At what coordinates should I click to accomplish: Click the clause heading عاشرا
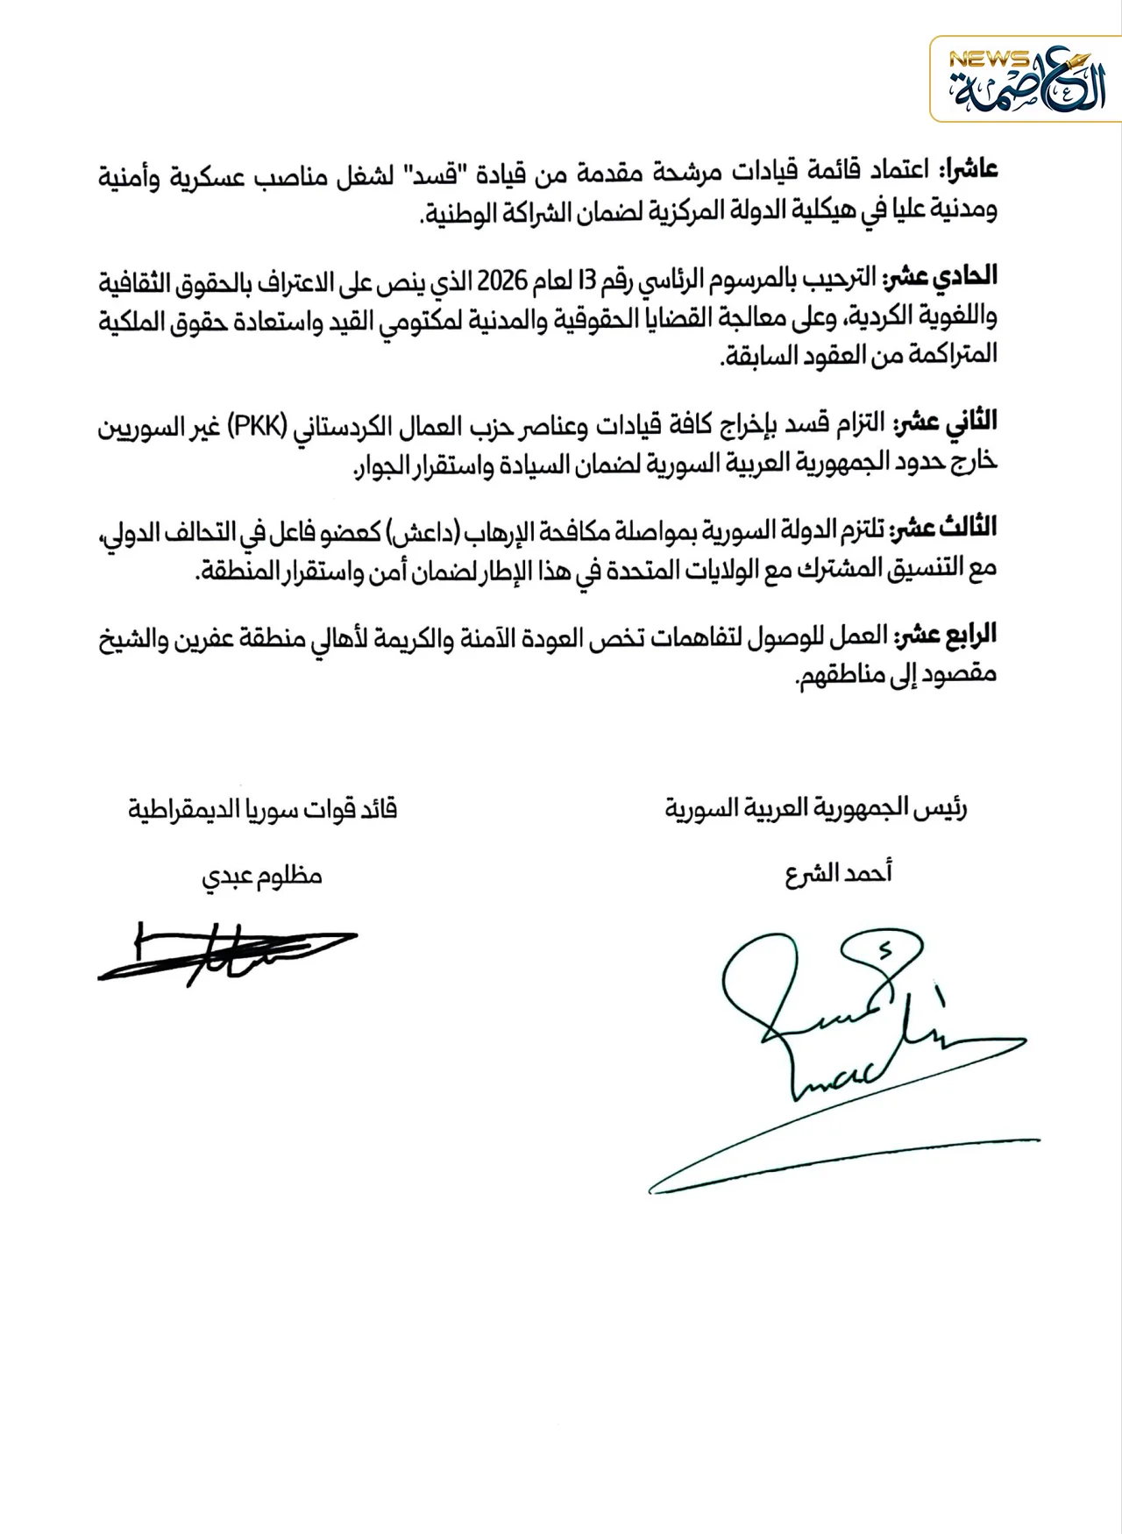(x=969, y=169)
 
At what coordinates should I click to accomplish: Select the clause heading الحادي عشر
(x=941, y=277)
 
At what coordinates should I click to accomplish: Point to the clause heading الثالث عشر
(x=944, y=529)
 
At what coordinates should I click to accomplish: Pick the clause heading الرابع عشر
(x=946, y=635)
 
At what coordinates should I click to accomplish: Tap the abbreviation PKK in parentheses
(x=258, y=426)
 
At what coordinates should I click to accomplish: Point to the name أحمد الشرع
(x=839, y=874)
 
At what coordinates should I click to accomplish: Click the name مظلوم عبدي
(x=262, y=877)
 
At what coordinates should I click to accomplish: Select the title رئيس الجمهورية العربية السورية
(x=816, y=808)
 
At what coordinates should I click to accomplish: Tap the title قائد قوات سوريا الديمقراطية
(x=263, y=808)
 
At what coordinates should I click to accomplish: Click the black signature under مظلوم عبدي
(x=227, y=954)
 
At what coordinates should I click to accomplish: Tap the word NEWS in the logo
(x=988, y=60)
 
